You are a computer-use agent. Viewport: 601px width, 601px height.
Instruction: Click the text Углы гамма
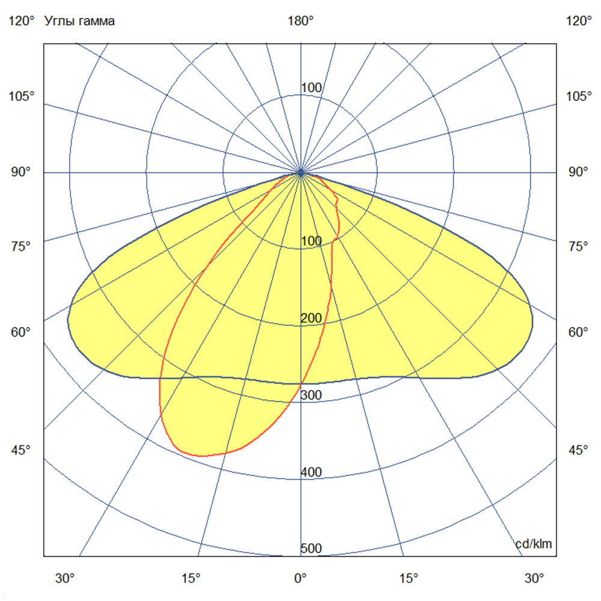(80, 22)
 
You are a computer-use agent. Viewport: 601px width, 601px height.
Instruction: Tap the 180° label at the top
(300, 22)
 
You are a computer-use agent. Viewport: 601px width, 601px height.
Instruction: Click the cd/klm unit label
(534, 544)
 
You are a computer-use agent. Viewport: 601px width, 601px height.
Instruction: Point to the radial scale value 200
(311, 319)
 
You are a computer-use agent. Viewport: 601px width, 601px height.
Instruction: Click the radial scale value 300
(311, 395)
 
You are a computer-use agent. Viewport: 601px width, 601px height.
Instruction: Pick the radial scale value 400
(311, 472)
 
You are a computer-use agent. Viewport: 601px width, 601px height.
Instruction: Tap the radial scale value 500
(311, 549)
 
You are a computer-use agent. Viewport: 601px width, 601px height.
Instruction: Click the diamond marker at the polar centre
(301, 173)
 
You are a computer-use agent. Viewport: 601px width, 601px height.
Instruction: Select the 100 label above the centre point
(311, 88)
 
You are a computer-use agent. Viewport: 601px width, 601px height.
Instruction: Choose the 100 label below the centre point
(311, 242)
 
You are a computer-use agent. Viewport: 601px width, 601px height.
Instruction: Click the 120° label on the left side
(22, 22)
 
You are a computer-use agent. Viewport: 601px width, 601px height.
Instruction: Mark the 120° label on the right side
(579, 22)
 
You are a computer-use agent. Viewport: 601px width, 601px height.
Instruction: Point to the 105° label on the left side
(22, 96)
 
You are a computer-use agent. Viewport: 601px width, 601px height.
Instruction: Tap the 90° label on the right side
(579, 172)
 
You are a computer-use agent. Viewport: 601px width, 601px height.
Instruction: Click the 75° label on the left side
(22, 246)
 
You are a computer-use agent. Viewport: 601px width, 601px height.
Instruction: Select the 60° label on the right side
(579, 332)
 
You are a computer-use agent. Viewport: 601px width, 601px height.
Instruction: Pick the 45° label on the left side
(22, 450)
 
